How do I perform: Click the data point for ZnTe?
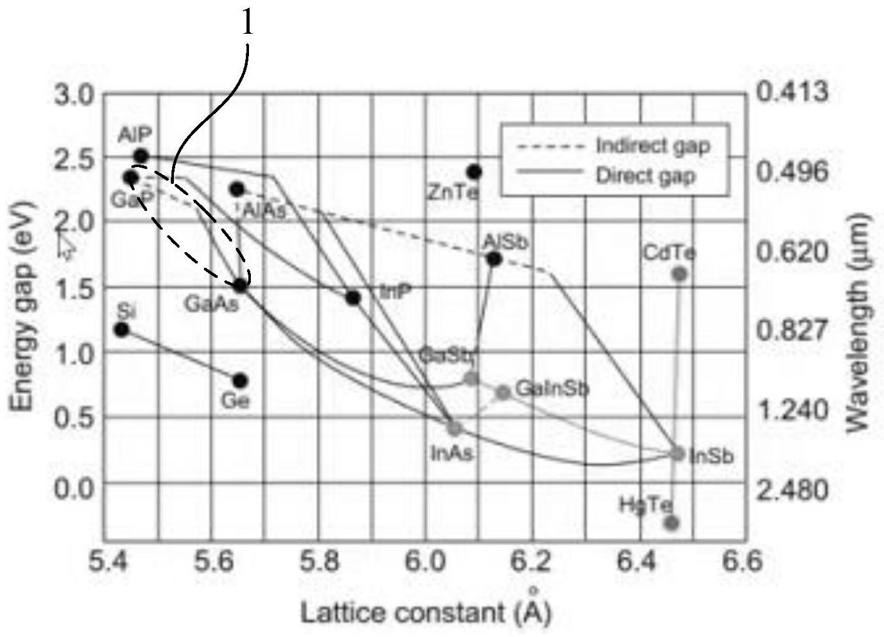click(474, 171)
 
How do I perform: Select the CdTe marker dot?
click(679, 274)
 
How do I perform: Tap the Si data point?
click(122, 330)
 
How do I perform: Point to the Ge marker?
click(240, 380)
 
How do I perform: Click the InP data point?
click(353, 298)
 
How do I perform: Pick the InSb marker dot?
click(678, 454)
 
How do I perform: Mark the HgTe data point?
click(671, 522)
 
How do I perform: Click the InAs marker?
click(455, 429)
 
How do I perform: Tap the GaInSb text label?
click(552, 389)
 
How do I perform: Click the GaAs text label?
click(210, 305)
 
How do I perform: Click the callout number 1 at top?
click(248, 24)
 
